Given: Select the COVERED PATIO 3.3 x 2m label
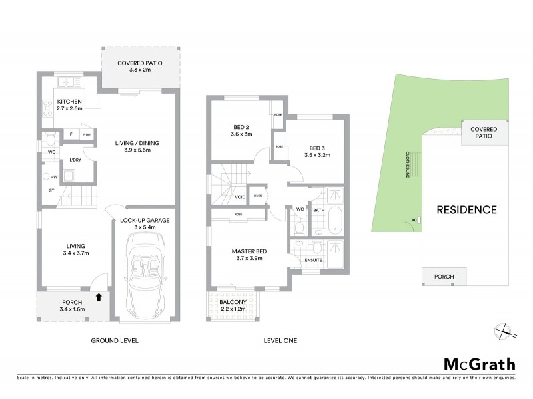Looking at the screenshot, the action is pyautogui.click(x=140, y=66).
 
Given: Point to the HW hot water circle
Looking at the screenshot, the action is pyautogui.click(x=47, y=177).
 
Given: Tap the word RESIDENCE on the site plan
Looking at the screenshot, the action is pyautogui.click(x=466, y=210).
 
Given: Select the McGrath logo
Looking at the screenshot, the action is pyautogui.click(x=479, y=364).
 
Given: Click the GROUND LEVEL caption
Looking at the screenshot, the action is pyautogui.click(x=114, y=341).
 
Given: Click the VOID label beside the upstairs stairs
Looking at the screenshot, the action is pyautogui.click(x=239, y=197).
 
